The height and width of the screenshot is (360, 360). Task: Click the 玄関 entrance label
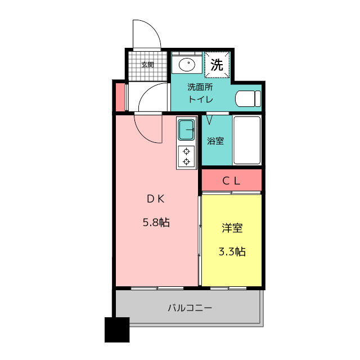point(147,65)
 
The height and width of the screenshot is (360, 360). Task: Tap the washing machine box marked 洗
point(217,65)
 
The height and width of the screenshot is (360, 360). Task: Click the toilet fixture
point(248,99)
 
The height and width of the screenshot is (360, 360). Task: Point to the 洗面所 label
point(200,87)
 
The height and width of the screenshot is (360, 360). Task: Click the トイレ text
point(201,99)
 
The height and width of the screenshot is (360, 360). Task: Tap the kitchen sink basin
point(186,130)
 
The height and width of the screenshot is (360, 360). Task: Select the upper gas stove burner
point(186,151)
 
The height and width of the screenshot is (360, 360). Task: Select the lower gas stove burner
point(186,162)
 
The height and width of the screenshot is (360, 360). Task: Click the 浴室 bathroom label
point(215,141)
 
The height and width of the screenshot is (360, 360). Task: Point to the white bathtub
point(247,140)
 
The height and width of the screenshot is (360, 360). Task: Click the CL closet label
point(231,181)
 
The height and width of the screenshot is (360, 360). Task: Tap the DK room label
point(156,199)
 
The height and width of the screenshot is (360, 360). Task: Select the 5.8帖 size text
point(156,223)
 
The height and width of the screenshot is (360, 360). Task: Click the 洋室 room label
point(232,228)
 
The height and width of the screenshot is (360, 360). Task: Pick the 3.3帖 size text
point(232,251)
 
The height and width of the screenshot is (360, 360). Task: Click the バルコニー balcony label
point(190,308)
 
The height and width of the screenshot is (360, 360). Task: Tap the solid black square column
point(117,330)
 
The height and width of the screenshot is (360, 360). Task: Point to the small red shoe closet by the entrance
point(120,97)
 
